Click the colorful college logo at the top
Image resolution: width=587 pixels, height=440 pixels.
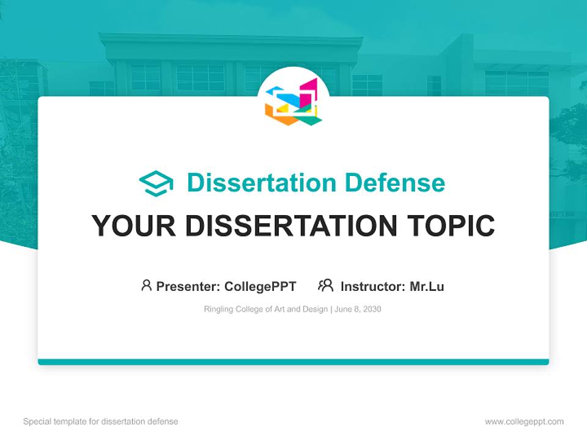(x=293, y=102)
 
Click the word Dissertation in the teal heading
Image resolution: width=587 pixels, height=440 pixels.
(x=261, y=183)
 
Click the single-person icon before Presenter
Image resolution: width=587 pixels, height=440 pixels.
(x=146, y=285)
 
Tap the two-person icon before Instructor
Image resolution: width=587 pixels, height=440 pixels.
(x=326, y=285)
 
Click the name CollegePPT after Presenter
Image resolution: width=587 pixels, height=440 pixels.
(x=260, y=286)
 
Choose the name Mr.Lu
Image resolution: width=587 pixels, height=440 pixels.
(x=427, y=286)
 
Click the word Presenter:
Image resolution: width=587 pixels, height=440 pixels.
(x=188, y=286)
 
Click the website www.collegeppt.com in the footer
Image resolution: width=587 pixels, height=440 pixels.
(x=524, y=422)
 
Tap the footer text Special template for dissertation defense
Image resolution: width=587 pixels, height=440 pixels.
(x=101, y=422)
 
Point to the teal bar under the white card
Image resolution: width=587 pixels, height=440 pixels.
(x=293, y=362)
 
